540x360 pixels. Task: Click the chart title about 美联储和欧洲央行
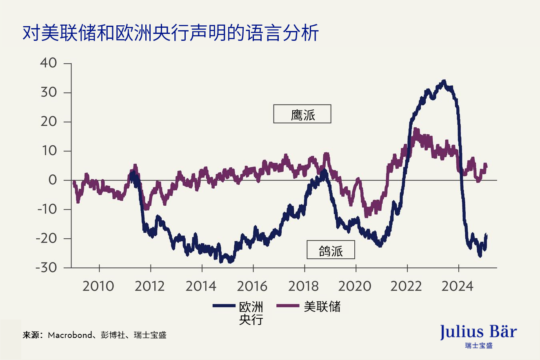point(170,33)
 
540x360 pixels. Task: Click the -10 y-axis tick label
point(47,209)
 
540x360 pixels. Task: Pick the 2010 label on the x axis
point(98,286)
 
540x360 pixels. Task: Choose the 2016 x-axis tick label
point(253,286)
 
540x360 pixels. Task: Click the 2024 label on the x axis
point(458,286)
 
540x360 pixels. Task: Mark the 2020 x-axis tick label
point(356,286)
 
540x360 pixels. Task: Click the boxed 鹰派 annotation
point(302,114)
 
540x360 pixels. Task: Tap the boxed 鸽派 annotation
point(331,250)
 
